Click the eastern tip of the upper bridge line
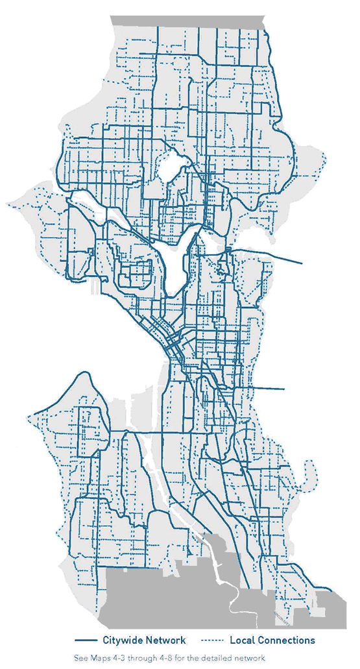pos(302,263)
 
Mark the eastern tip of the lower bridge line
pos(284,389)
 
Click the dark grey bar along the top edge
pos(188,20)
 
